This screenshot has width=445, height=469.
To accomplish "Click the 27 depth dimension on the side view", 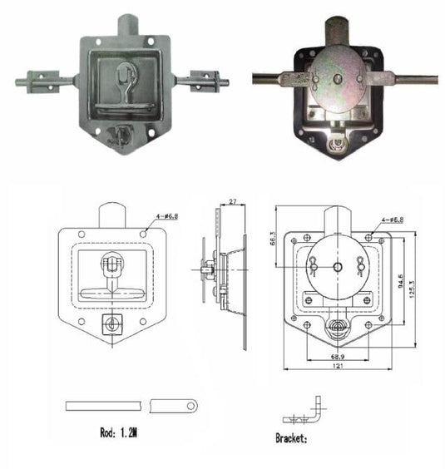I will (232, 202).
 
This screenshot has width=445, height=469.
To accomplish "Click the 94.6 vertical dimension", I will (399, 282).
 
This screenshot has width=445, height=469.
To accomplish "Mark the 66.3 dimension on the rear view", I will (274, 239).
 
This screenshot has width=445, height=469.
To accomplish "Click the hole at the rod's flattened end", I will (192, 406).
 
